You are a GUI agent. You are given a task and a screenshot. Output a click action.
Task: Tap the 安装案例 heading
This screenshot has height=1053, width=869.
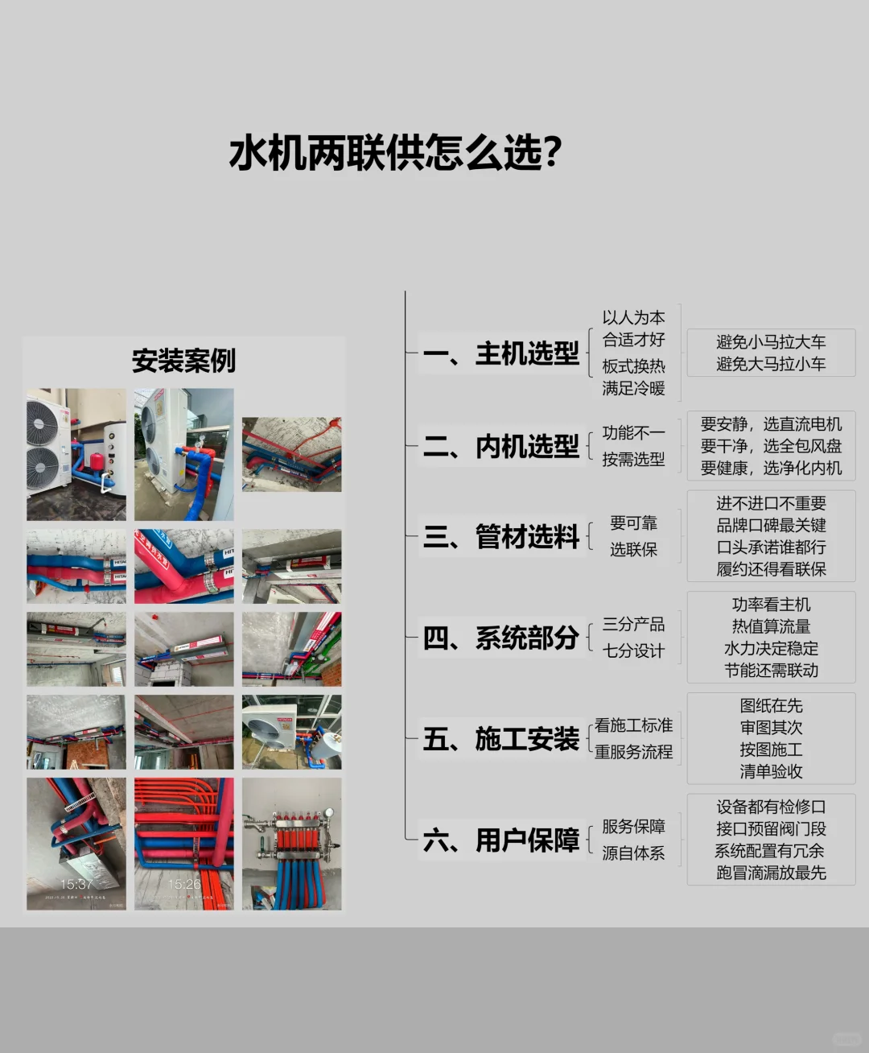(x=183, y=360)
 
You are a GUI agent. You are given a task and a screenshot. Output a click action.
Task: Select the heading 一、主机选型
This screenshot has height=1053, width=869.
(x=501, y=353)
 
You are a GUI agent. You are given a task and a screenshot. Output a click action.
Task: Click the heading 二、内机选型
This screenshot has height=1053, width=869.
(x=501, y=446)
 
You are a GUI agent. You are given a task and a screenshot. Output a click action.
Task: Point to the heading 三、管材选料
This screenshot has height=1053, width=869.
(x=501, y=536)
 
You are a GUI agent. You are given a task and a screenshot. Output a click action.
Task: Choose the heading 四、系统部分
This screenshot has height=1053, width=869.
(x=501, y=638)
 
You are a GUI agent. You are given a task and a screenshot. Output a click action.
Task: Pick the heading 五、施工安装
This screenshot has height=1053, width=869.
(x=501, y=739)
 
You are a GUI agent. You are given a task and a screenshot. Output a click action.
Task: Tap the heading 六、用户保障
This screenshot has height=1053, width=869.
(x=501, y=840)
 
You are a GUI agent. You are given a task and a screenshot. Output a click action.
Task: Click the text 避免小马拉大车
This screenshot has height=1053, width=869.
(x=771, y=342)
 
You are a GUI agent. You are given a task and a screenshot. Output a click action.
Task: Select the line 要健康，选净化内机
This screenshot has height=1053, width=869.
(x=771, y=468)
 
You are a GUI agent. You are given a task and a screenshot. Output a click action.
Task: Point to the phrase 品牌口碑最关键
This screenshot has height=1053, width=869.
(x=771, y=525)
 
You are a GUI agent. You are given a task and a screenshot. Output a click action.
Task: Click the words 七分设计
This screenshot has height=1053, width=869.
(x=633, y=650)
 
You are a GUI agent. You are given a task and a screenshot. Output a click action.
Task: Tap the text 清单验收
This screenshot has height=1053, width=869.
(x=771, y=771)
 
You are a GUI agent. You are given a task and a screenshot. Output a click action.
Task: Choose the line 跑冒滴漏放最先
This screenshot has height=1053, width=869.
(x=771, y=873)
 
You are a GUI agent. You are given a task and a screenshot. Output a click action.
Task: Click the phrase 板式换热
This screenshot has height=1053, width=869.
(x=633, y=365)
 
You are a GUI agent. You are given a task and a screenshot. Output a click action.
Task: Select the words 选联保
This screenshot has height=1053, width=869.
(x=633, y=549)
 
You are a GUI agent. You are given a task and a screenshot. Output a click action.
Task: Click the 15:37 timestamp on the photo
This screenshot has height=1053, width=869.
(x=76, y=884)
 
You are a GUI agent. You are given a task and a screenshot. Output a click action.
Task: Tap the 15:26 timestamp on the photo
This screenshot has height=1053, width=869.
(x=184, y=884)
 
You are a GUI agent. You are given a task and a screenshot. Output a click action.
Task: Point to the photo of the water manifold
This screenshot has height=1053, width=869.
(x=291, y=844)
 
